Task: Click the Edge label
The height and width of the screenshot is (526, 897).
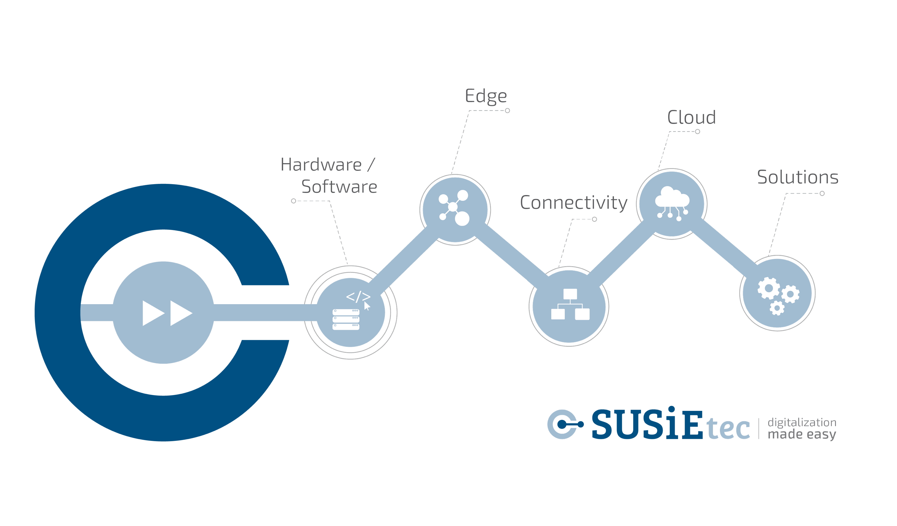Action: tap(486, 96)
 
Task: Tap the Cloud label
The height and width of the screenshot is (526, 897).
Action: tap(691, 117)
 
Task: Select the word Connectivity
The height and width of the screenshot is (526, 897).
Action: tap(573, 203)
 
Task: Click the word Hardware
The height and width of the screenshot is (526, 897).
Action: tap(321, 164)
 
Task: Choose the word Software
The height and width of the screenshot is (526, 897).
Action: tap(339, 187)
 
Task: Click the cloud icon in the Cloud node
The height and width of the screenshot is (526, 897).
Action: tap(672, 198)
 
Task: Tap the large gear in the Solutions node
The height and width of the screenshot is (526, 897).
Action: tap(769, 288)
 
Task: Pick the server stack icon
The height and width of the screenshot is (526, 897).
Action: tap(346, 319)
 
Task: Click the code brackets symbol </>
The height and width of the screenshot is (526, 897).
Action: tap(358, 296)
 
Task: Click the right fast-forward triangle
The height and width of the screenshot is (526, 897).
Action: tap(180, 313)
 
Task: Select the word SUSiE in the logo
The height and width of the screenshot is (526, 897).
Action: tap(647, 424)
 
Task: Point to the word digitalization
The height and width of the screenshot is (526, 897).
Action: tap(802, 422)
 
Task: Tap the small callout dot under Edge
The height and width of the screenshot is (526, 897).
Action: tap(507, 111)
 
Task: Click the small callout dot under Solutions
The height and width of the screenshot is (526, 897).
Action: tap(822, 193)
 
